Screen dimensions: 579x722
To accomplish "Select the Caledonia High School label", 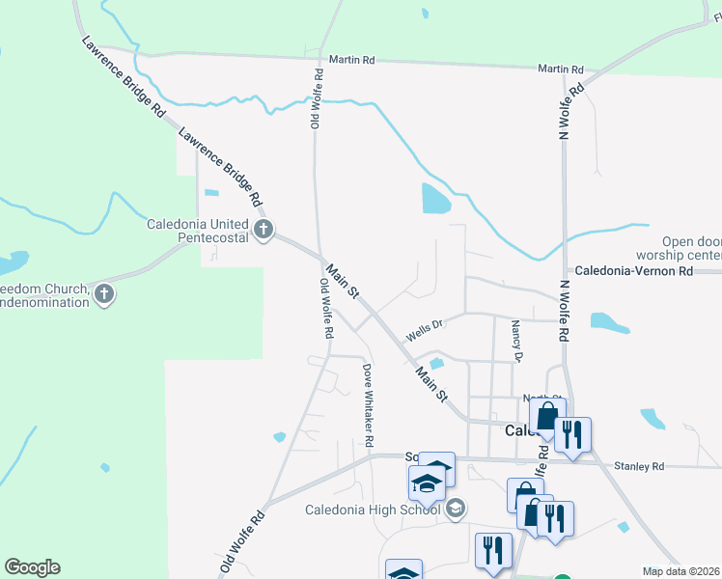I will [x=372, y=510].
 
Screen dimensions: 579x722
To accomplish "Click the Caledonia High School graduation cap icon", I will [x=457, y=508].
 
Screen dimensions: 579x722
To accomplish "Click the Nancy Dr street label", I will [x=517, y=343].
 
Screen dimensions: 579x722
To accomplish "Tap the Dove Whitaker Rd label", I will [x=368, y=404].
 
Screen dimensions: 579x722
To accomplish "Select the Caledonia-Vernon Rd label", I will [x=634, y=272].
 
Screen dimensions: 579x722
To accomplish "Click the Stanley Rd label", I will [x=645, y=467].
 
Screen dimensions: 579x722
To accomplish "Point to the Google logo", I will [x=32, y=567].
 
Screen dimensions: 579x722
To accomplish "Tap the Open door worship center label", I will [x=691, y=248].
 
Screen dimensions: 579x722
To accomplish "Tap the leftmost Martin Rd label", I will [x=351, y=60].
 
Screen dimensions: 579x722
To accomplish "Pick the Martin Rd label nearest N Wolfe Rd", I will [x=561, y=69].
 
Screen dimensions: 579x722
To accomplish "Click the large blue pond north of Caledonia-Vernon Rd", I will [x=434, y=198].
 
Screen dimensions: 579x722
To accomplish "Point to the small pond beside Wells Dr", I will [x=436, y=364].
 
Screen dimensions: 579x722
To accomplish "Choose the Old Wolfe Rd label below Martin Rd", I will [x=315, y=98].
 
